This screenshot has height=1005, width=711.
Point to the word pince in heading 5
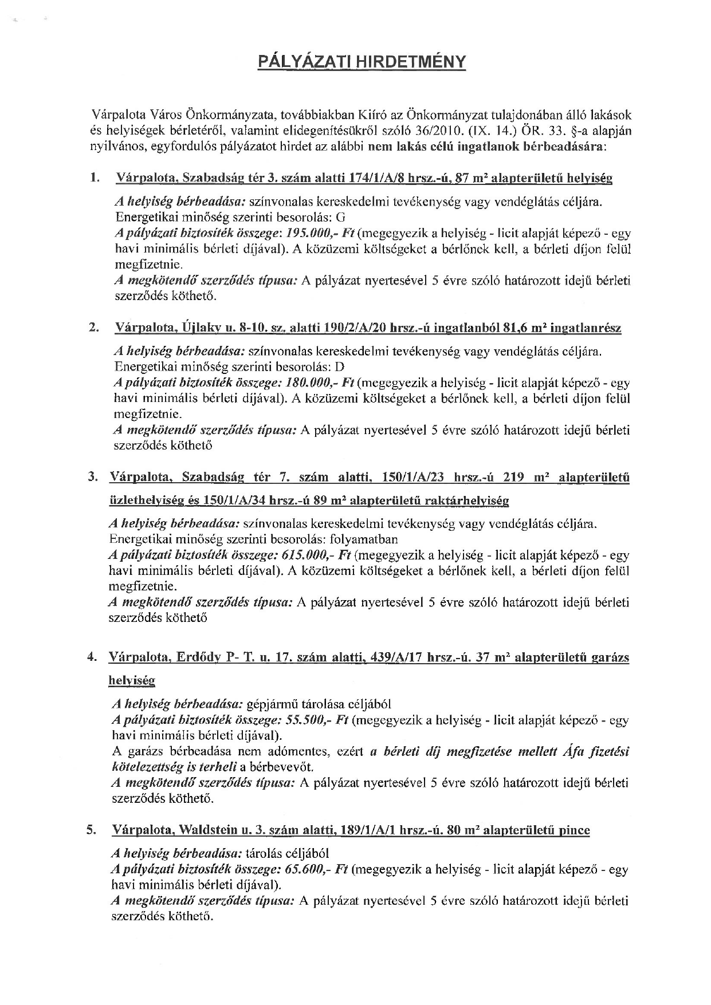tap(574, 830)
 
